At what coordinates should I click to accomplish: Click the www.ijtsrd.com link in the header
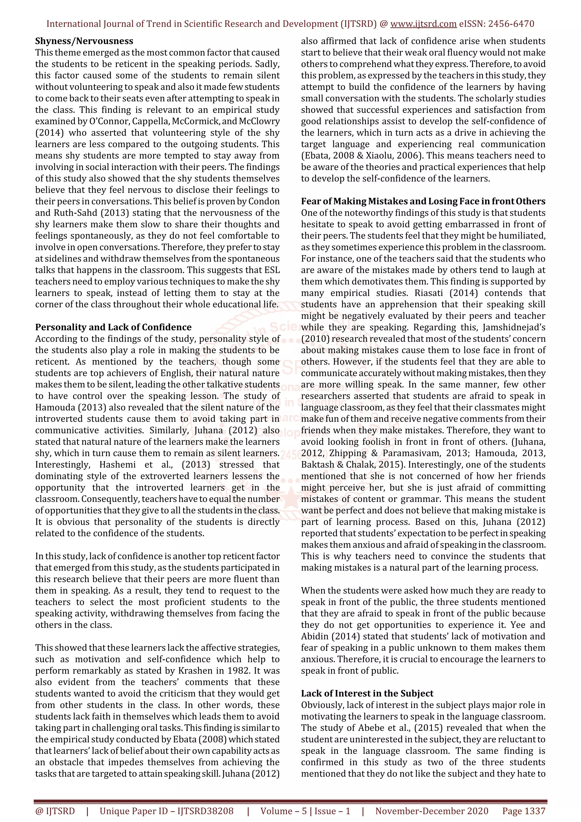coord(423,24)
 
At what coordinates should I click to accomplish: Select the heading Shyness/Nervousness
coord(84,41)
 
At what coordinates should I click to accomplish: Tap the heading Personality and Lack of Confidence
coord(113,327)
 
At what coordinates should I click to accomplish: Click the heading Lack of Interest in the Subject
coord(367,693)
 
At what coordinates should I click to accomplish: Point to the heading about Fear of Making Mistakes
coord(423,201)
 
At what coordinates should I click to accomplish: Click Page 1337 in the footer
coord(524,811)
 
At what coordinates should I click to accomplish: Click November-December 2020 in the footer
coord(431,811)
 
